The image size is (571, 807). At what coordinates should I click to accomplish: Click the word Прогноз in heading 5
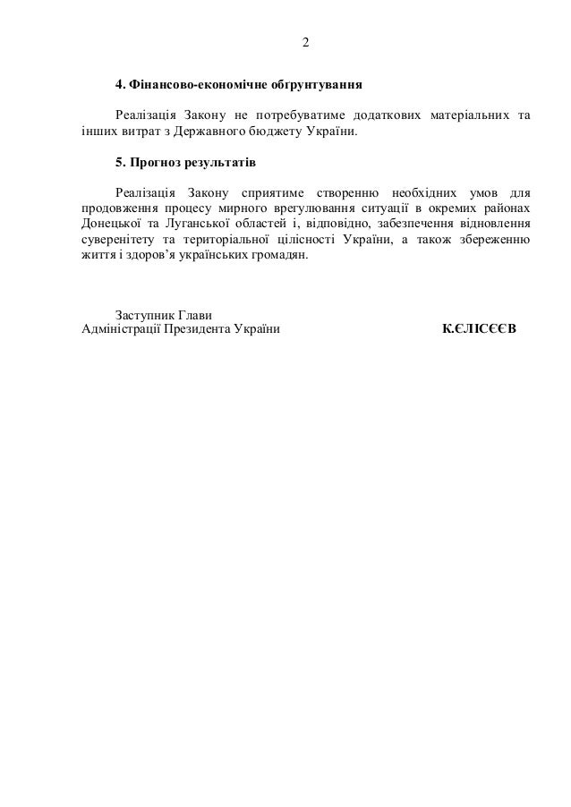(155, 164)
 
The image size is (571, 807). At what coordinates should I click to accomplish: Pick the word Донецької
(106, 224)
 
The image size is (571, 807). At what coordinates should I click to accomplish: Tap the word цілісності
(300, 239)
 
